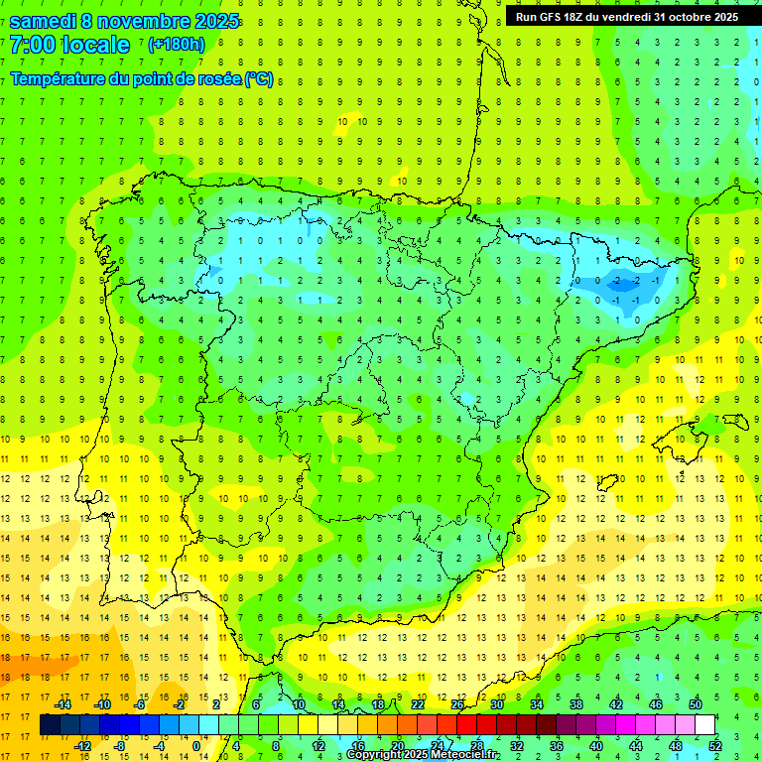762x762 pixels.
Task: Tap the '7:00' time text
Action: [x=31, y=45]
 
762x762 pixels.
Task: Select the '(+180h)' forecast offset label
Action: [x=176, y=45]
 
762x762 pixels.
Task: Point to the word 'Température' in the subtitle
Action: [x=62, y=78]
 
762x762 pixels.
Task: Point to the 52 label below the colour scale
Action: [x=714, y=746]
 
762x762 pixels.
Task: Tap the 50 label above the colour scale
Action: [x=695, y=704]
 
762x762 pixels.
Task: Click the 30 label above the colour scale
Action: [x=496, y=704]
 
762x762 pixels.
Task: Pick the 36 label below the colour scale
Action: [x=557, y=746]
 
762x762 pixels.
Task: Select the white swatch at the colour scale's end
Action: [x=704, y=725]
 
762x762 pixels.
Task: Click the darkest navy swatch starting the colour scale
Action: [x=51, y=725]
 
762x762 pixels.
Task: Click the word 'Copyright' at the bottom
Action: [x=374, y=755]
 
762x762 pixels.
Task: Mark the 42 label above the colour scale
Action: [x=615, y=704]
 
